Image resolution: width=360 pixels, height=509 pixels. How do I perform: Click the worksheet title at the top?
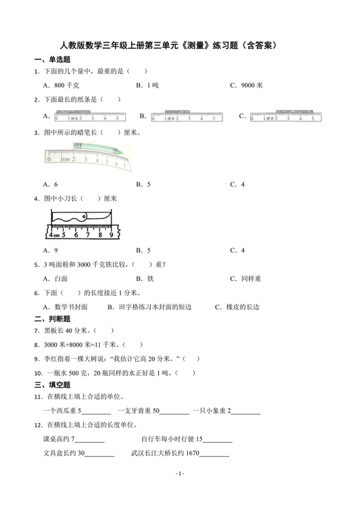[180, 46]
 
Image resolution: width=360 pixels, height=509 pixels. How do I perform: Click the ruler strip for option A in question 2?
[90, 117]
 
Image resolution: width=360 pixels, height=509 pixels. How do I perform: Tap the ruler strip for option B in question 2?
[186, 117]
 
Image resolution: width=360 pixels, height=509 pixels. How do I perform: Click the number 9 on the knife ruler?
[111, 235]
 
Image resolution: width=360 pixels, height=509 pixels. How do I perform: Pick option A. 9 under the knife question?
[51, 250]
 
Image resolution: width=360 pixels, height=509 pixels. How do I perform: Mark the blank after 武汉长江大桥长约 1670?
[215, 454]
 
